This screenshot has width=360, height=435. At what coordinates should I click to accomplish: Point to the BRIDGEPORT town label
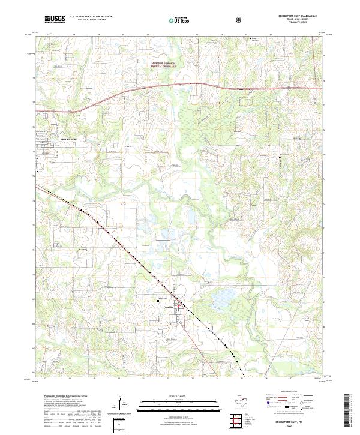click(x=70, y=139)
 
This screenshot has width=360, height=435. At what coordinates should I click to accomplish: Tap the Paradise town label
click(x=169, y=306)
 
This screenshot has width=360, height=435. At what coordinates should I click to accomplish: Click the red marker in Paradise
click(x=178, y=305)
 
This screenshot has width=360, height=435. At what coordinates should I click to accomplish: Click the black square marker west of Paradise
click(x=158, y=300)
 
